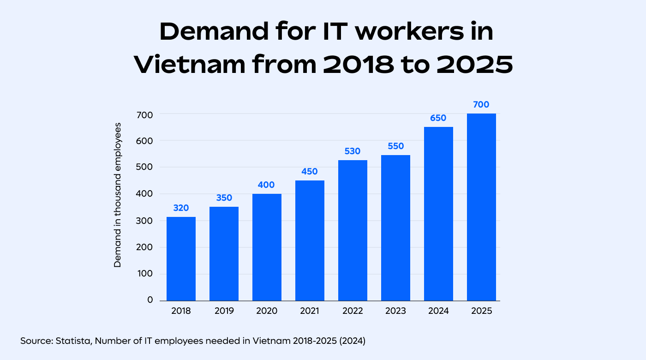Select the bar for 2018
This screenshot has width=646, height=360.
click(x=181, y=258)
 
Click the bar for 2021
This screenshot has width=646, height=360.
click(x=310, y=240)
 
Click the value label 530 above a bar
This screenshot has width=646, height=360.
click(x=353, y=151)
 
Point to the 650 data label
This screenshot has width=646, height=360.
click(x=438, y=118)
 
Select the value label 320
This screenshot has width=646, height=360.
click(x=181, y=208)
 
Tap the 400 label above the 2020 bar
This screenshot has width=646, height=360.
click(x=267, y=185)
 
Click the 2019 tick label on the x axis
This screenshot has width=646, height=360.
click(x=224, y=311)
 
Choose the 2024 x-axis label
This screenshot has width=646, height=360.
click(x=438, y=311)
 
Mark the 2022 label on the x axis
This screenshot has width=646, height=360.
click(x=353, y=311)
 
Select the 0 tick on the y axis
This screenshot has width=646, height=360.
click(x=150, y=300)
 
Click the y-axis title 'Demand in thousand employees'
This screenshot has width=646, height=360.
click(x=118, y=195)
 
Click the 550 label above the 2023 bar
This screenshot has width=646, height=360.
click(x=395, y=146)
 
